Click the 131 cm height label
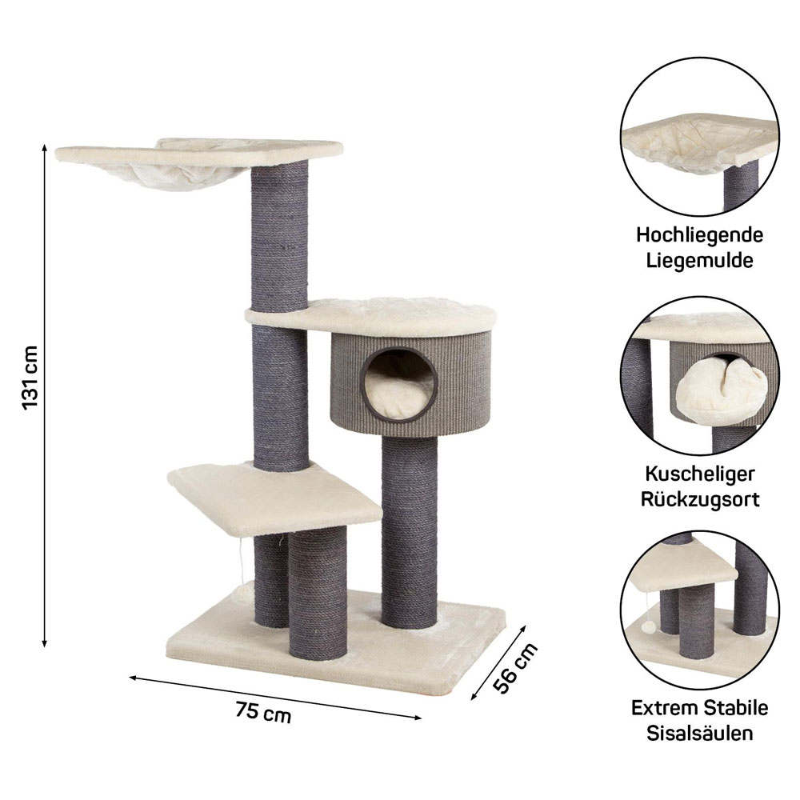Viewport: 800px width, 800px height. pos(31,378)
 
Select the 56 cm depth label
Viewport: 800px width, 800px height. pos(515,667)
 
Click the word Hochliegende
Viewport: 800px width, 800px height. pos(699,235)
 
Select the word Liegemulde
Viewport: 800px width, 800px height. pos(699,261)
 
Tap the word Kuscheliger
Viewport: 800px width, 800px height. pos(699,474)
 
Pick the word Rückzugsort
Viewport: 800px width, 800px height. pos(699,499)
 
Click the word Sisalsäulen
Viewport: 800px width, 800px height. pos(699,733)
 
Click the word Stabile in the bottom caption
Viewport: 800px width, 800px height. pos(734,708)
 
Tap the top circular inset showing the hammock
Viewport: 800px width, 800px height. pos(699,136)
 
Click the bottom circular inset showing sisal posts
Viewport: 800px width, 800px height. pos(699,610)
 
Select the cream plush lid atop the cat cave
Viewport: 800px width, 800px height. pos(370,312)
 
